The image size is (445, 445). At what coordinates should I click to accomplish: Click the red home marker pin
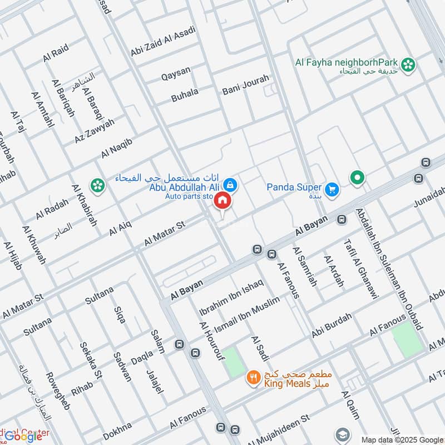pyautogui.click(x=222, y=201)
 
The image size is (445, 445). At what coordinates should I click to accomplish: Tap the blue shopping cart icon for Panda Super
pyautogui.click(x=332, y=190)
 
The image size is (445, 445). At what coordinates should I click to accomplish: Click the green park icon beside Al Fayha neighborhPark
pyautogui.click(x=409, y=65)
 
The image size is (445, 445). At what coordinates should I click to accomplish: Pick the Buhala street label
pyautogui.click(x=185, y=95)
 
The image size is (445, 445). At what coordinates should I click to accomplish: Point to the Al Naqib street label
pyautogui.click(x=117, y=148)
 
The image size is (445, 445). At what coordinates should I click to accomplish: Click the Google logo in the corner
pyautogui.click(x=23, y=436)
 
